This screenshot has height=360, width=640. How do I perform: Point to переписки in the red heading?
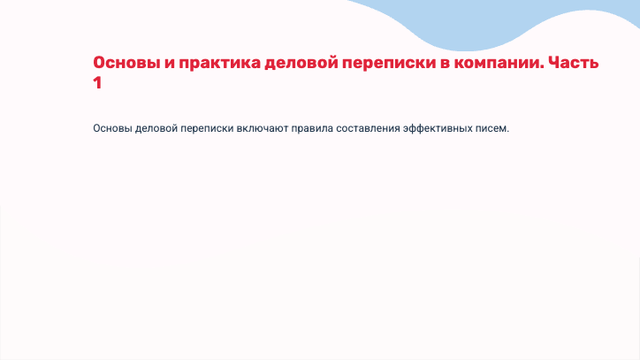pos(389,64)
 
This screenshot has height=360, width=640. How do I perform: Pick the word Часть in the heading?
pos(574,63)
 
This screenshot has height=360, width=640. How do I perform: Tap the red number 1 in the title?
pos(97,83)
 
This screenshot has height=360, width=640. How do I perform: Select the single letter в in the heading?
pos(446,65)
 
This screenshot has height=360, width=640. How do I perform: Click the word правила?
pos(312,129)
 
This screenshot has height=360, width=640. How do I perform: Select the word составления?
pos(368,129)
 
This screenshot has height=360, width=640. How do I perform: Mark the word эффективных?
pos(438,129)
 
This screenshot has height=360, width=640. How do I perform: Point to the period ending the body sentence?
pos(507,132)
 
